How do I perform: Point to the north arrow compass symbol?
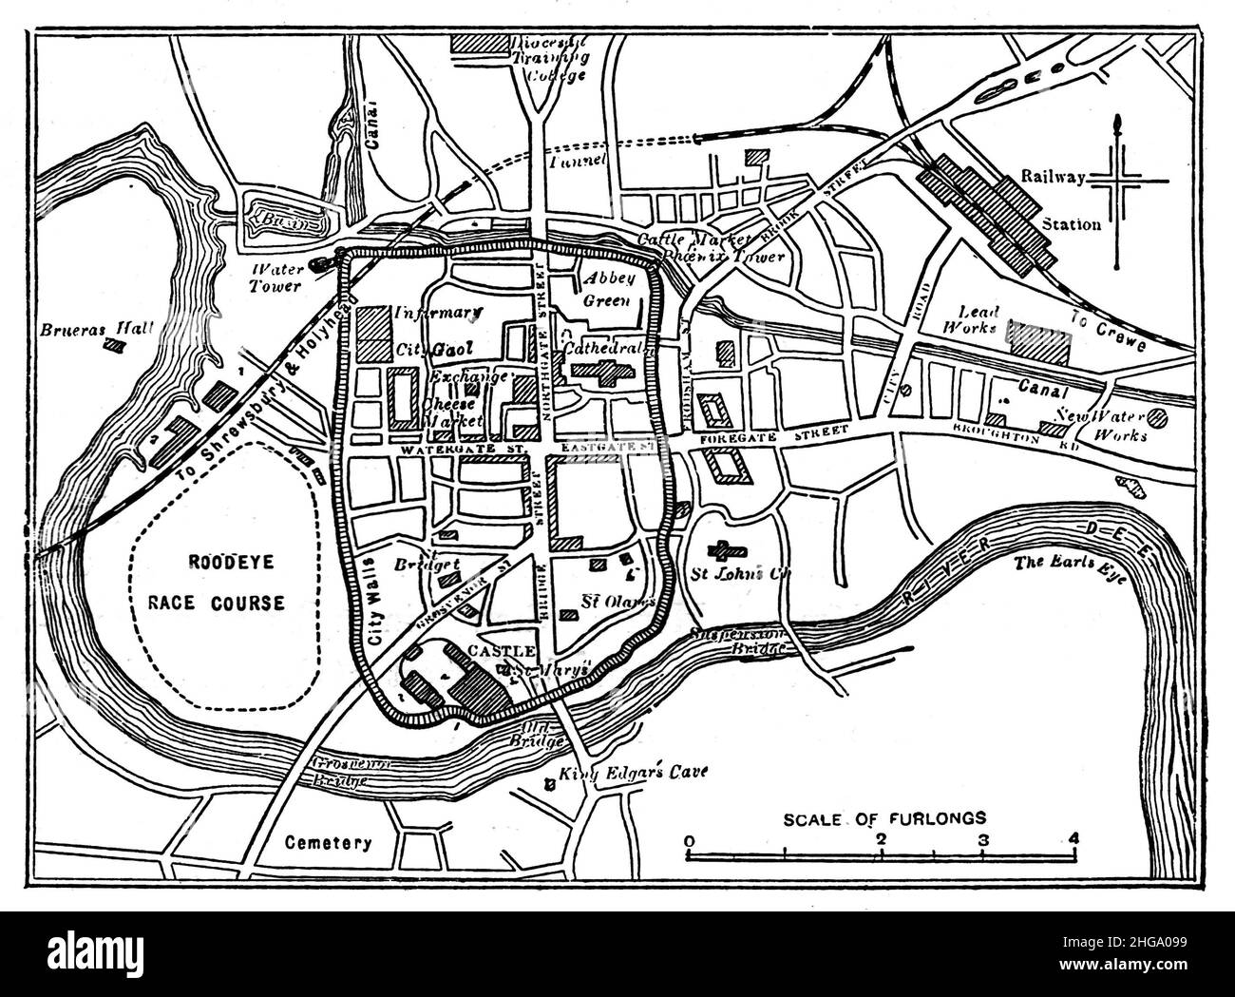(x=1119, y=190)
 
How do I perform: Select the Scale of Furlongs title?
(x=885, y=816)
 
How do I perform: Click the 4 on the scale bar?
(x=1073, y=839)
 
